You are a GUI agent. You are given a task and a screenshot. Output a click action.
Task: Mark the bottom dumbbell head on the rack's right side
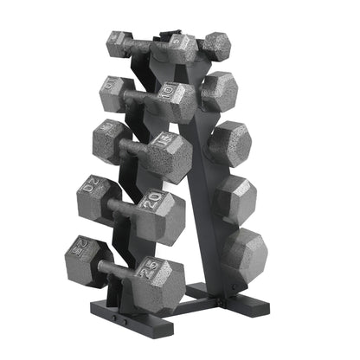[245, 251]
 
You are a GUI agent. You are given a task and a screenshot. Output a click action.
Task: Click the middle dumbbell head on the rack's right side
[230, 142]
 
